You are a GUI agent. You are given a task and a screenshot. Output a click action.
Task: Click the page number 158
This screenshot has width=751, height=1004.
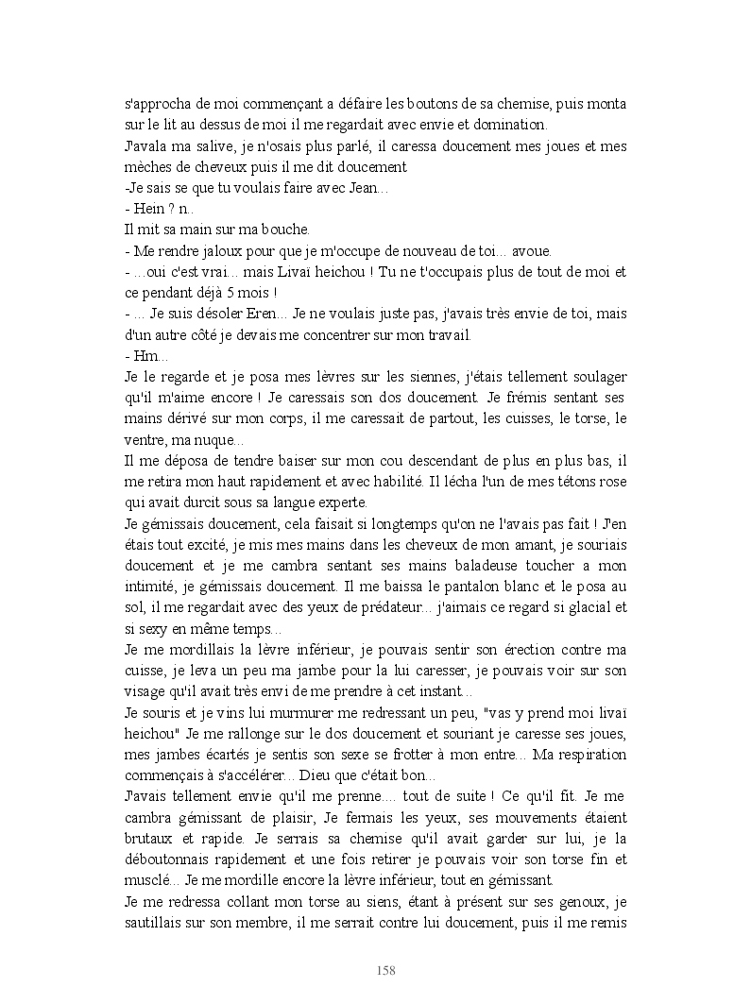pyautogui.click(x=384, y=970)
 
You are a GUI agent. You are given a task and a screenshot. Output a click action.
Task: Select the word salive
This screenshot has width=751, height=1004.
pyautogui.click(x=208, y=146)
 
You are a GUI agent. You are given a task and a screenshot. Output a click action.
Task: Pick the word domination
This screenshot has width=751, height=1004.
pyautogui.click(x=512, y=125)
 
